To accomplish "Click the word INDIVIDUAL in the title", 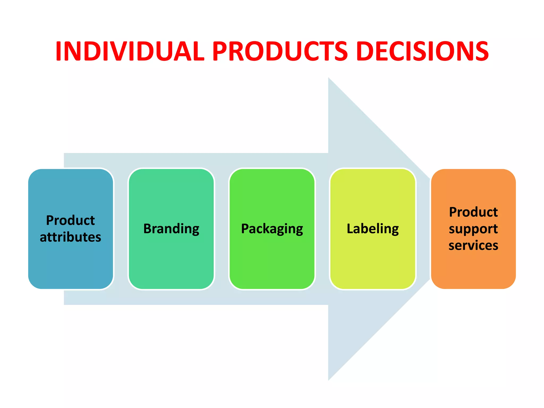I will click(130, 51).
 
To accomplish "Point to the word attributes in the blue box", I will click(70, 237).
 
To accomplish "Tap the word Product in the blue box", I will click(70, 220).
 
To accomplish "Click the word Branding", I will click(171, 229).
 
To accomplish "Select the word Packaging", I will click(272, 229).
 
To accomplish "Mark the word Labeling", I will click(373, 229).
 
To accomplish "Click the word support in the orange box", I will click(473, 229).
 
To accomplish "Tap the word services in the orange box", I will click(473, 245).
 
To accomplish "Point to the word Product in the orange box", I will click(473, 212).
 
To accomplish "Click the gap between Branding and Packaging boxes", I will click(222, 229).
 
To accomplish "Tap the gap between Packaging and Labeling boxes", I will click(322, 229).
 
